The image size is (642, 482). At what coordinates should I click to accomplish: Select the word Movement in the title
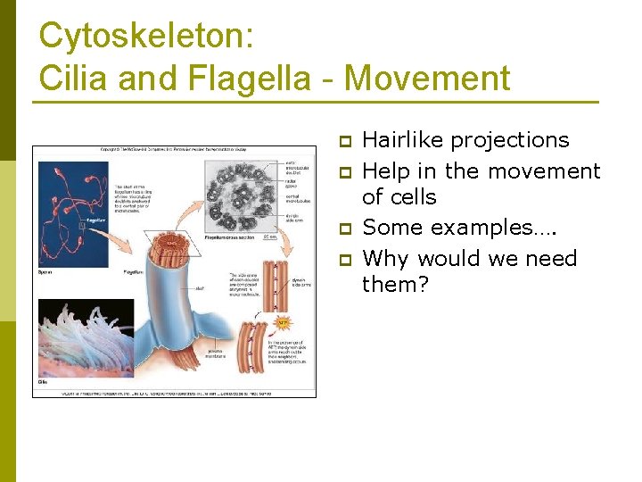pyautogui.click(x=427, y=79)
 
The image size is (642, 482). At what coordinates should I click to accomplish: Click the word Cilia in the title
pyautogui.click(x=75, y=79)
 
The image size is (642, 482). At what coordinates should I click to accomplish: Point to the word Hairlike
pyautogui.click(x=403, y=140)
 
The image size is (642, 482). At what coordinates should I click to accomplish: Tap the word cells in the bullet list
pyautogui.click(x=412, y=197)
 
